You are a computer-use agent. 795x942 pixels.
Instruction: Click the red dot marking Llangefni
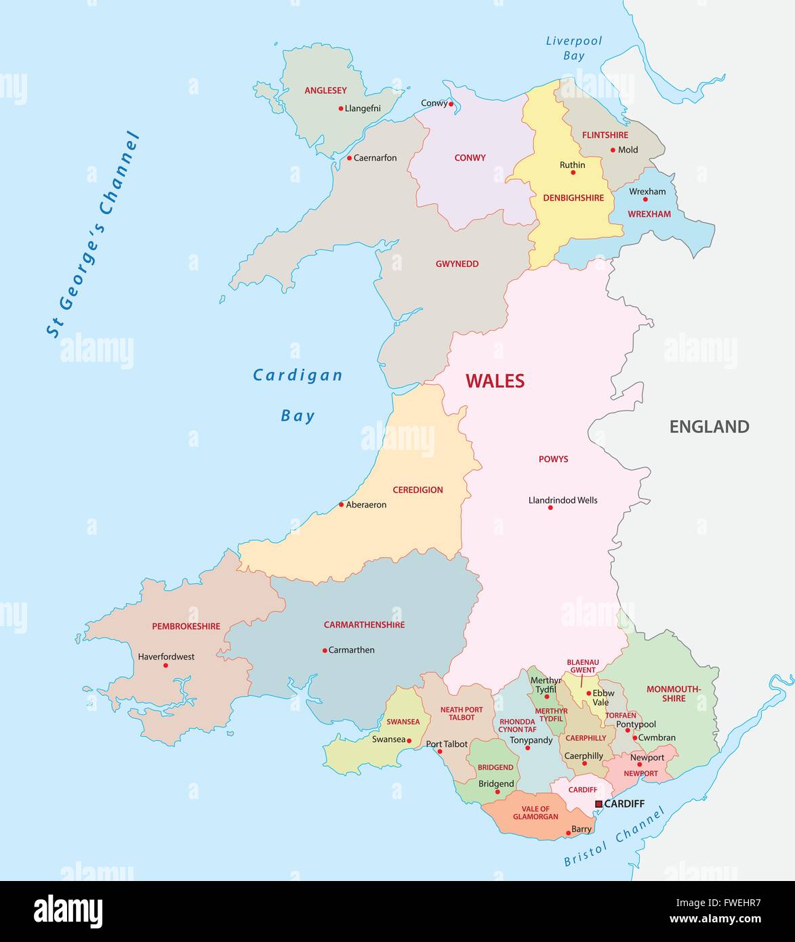[341, 108]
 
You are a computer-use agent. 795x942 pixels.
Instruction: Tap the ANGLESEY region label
[325, 90]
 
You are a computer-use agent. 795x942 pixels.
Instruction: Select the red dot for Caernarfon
[350, 158]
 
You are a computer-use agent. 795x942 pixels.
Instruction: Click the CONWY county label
[470, 158]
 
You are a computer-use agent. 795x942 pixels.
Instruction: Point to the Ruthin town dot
[573, 173]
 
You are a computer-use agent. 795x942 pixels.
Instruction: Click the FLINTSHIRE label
[605, 135]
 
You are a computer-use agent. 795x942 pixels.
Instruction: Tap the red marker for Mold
[613, 150]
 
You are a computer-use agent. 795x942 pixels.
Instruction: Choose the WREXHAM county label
[649, 214]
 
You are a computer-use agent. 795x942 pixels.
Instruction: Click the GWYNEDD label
[457, 264]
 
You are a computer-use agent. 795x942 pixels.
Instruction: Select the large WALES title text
[495, 381]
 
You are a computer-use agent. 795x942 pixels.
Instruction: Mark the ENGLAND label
[709, 426]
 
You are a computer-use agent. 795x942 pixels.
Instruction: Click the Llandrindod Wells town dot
[550, 508]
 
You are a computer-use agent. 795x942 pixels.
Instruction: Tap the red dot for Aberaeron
[342, 504]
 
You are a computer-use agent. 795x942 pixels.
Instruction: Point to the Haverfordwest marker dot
[165, 665]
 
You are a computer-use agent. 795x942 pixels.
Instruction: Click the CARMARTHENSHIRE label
[364, 625]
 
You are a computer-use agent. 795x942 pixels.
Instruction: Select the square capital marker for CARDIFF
[598, 804]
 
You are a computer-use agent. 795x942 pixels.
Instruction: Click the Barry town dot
[567, 829]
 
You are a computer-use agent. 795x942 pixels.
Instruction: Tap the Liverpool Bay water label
[573, 48]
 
